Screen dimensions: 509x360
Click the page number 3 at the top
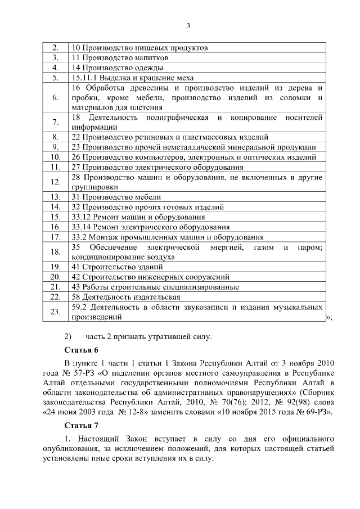(188, 25)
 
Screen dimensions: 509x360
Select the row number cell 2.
(56, 48)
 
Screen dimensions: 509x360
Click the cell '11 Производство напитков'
(120, 57)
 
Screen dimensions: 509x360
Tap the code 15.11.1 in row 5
(86, 78)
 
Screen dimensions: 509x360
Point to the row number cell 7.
(56, 122)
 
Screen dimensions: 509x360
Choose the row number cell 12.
(56, 182)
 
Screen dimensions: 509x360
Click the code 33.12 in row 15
(83, 217)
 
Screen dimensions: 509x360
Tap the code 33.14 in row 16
(83, 227)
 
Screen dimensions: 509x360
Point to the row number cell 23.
(56, 312)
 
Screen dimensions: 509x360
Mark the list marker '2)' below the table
(68, 337)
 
